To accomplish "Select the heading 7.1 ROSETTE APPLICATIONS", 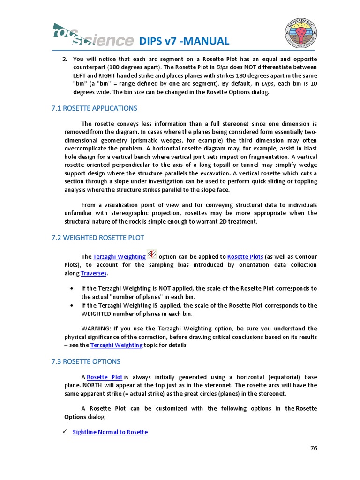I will pos(94,108).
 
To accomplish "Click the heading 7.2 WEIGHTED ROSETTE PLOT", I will pos(97,238).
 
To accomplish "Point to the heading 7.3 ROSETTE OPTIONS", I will pos(86,361).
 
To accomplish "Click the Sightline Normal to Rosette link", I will pos(110,432).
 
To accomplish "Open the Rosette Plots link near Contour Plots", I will pos(245,257).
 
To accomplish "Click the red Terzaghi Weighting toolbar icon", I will pos(152,255).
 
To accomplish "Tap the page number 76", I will pos(314,448).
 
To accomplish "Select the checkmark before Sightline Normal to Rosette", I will pos(66,432).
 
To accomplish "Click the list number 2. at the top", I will pos(65,59).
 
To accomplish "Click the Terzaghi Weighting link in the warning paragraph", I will pos(116,345).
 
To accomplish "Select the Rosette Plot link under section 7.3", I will pos(105,377).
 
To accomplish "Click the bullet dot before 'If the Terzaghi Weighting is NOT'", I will pos(71,288).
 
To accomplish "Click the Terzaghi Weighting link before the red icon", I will pos(120,257).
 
